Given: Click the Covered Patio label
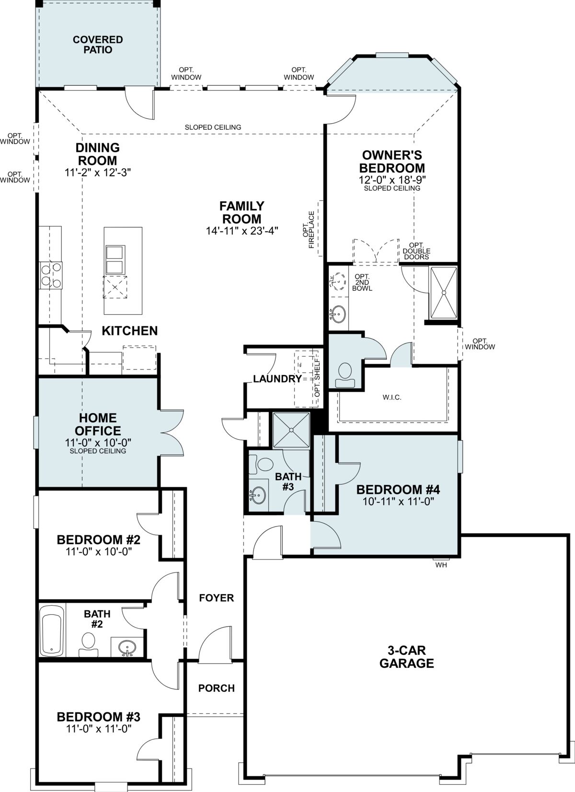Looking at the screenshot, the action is pos(98,45).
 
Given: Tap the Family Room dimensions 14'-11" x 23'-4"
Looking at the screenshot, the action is pos(242,231).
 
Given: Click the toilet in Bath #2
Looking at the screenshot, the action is pos(89,644).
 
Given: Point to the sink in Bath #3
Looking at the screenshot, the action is pos(258,495).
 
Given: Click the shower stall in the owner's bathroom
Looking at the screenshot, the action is pos(443,293).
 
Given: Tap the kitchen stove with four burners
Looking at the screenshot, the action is pos(51,275).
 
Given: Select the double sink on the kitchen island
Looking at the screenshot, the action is pos(115,260).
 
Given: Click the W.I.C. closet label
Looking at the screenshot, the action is pos(392,397).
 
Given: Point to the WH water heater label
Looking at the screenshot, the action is pos(441,565).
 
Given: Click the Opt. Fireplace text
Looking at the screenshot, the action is pos(309,230).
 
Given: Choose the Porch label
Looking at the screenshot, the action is pos(217,688).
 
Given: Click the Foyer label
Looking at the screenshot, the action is pos(217,598).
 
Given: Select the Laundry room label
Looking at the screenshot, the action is pos(277,379).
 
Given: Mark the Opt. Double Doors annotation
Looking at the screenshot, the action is pos(416,251).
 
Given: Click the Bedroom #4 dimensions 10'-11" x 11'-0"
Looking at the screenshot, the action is pos(398,501).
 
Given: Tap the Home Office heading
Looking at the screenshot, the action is pos(98,424).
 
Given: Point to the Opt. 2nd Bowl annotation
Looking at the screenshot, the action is pos(362,282).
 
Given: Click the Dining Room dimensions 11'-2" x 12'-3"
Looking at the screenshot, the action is pos(98,172).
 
